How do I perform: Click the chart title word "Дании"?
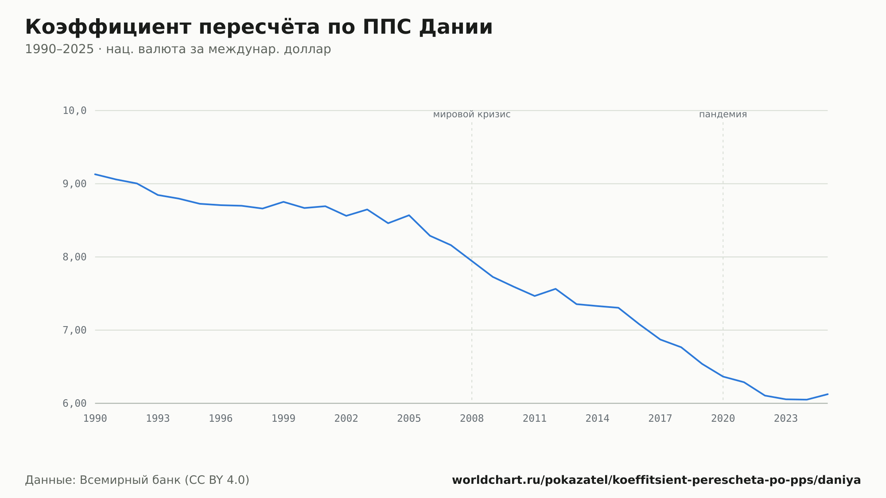[x=455, y=27]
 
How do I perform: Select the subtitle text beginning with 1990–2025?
[x=178, y=49]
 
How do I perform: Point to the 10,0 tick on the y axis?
[x=74, y=111]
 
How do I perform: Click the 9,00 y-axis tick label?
[x=74, y=184]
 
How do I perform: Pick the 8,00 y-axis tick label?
[x=74, y=257]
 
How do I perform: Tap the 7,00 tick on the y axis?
[x=74, y=330]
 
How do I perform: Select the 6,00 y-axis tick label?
[x=74, y=403]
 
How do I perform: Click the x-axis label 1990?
[x=95, y=419]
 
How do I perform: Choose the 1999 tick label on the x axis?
[x=284, y=419]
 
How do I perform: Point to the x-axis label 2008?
[x=472, y=419]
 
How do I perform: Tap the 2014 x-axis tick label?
[x=598, y=419]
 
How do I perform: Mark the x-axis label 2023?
[x=786, y=419]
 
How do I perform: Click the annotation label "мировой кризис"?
[x=472, y=115]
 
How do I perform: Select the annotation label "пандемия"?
[x=723, y=115]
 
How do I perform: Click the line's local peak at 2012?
[x=556, y=289]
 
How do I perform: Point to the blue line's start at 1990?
[x=95, y=174]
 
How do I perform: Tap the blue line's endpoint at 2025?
[x=828, y=394]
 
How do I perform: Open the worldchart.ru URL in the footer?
[x=656, y=480]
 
